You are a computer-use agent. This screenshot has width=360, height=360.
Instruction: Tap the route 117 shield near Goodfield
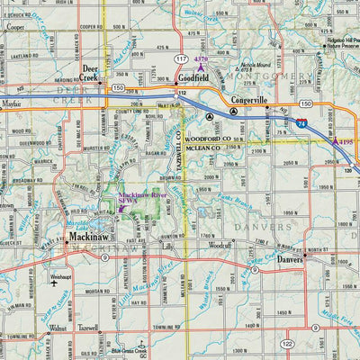pyautogui.click(x=181, y=59)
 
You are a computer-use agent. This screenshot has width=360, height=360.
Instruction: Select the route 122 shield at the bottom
pyautogui.click(x=286, y=345)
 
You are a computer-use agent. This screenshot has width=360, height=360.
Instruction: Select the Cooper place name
pyautogui.click(x=14, y=28)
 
